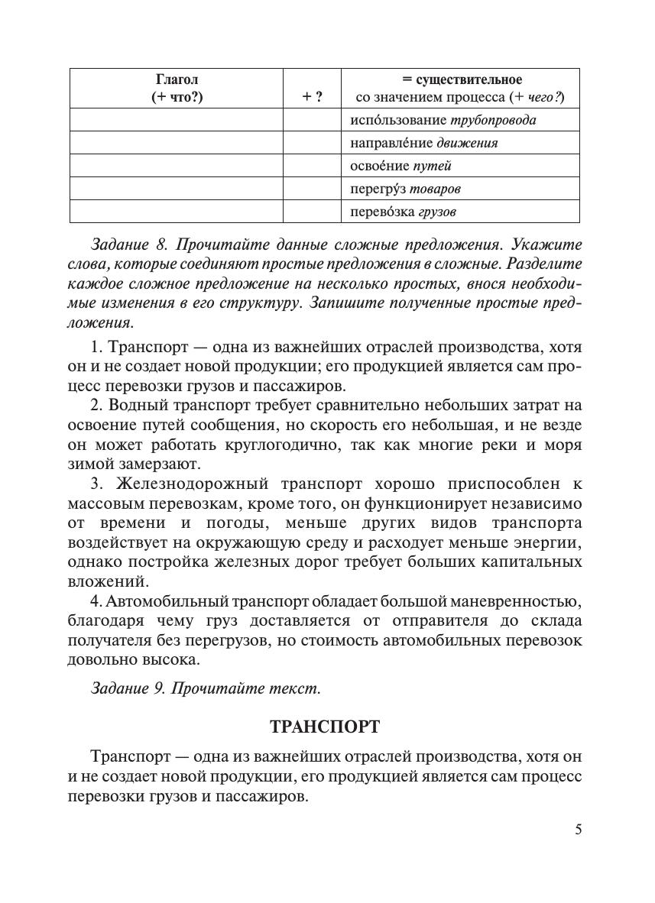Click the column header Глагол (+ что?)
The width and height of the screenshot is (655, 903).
(177, 89)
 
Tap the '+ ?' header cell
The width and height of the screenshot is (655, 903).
(312, 97)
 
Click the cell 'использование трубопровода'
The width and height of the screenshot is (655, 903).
(443, 120)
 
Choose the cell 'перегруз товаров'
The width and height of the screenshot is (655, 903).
(406, 189)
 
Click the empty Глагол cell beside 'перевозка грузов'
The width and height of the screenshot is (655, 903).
(177, 212)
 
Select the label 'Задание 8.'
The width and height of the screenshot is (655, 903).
(128, 245)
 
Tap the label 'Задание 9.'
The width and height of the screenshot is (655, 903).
(128, 688)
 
